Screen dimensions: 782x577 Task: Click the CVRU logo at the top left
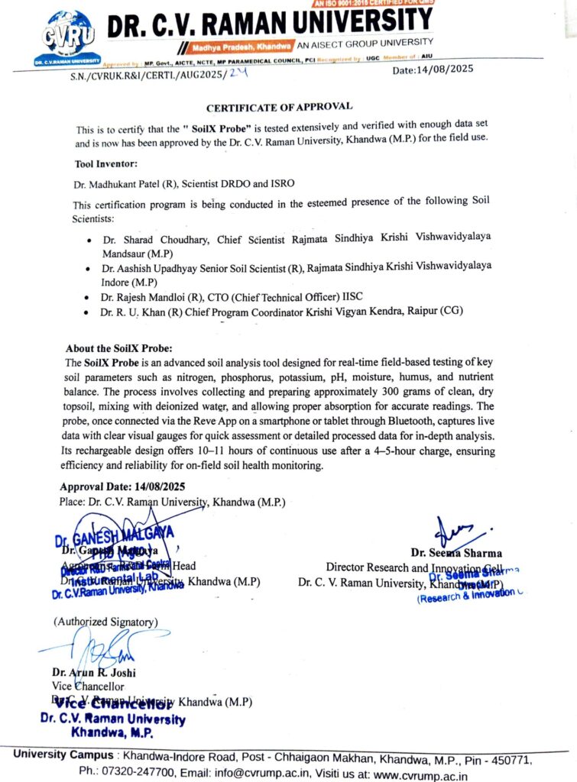pyautogui.click(x=70, y=34)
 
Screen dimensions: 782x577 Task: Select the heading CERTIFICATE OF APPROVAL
pyautogui.click(x=279, y=106)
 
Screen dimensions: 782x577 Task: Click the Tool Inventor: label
pyautogui.click(x=106, y=163)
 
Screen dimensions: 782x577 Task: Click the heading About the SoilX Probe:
pyautogui.click(x=124, y=347)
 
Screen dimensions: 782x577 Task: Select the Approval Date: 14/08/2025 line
pyautogui.click(x=122, y=486)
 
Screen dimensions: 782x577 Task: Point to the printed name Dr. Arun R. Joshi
pyautogui.click(x=86, y=673)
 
